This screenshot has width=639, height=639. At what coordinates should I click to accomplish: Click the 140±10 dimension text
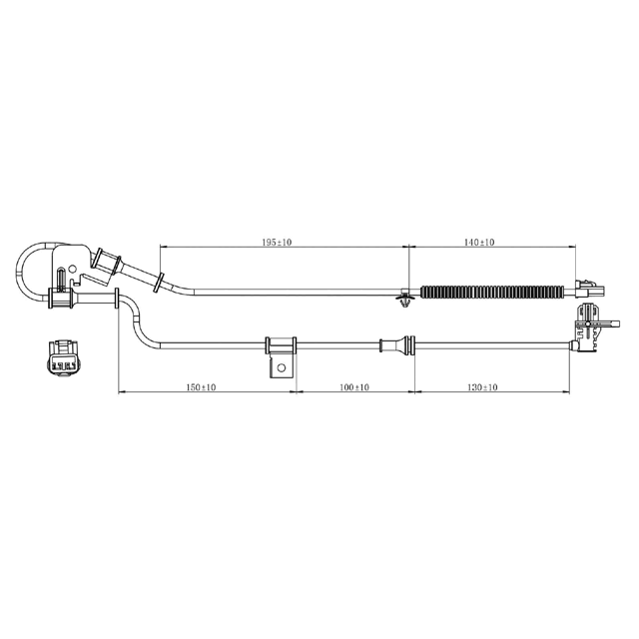pyautogui.click(x=480, y=243)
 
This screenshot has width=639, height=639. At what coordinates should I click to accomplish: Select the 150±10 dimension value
pyautogui.click(x=202, y=387)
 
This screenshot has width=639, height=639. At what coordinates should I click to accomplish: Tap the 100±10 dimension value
pyautogui.click(x=353, y=387)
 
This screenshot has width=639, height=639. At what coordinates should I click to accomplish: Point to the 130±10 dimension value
pyautogui.click(x=482, y=387)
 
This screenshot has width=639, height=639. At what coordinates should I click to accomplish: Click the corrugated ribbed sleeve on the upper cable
pyautogui.click(x=495, y=293)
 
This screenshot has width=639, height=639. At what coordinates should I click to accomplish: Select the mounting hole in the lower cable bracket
pyautogui.click(x=282, y=367)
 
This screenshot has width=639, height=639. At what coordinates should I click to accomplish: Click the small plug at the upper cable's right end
pyautogui.click(x=588, y=290)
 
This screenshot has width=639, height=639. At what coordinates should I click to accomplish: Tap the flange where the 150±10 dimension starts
pyautogui.click(x=119, y=300)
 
